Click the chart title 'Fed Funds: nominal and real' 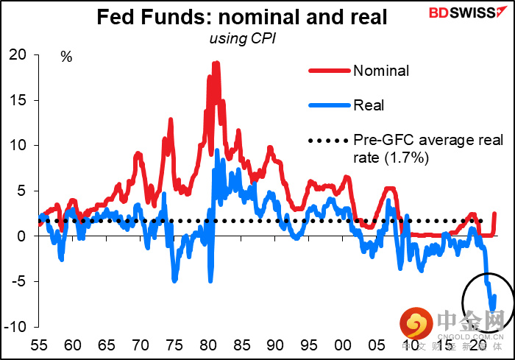(x=243, y=17)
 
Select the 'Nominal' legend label (x=381, y=71)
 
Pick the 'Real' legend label (x=369, y=105)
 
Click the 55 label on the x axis (x=40, y=345)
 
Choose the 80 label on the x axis (x=208, y=345)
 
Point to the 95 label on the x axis (x=310, y=345)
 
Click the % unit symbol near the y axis (x=66, y=57)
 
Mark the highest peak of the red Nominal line (x=216, y=63)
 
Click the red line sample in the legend (x=328, y=71)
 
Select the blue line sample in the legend (x=328, y=105)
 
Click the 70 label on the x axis (x=141, y=345)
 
